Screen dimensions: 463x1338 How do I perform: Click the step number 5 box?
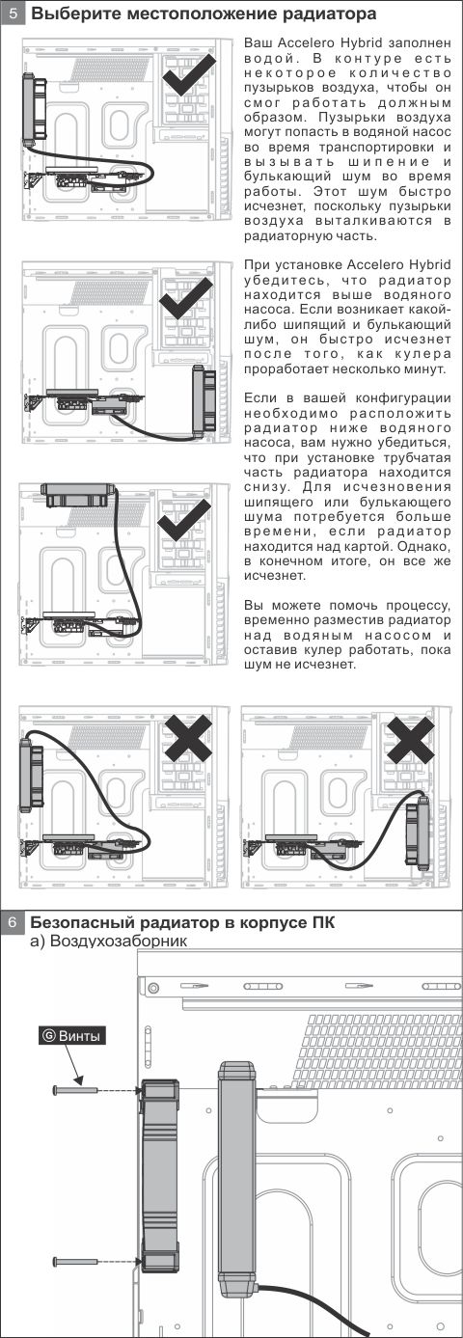[x=13, y=13]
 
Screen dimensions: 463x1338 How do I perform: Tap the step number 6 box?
[x=13, y=922]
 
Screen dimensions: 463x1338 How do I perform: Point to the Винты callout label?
[x=71, y=1035]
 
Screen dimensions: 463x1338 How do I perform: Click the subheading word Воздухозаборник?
[x=119, y=941]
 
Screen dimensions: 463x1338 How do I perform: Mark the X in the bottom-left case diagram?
[x=188, y=738]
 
